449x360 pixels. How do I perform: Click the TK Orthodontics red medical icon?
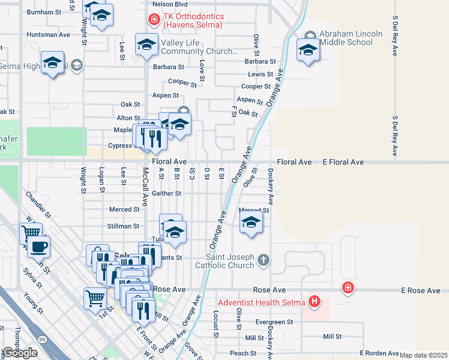[x=154, y=20]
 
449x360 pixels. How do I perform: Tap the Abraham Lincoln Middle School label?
[x=351, y=38]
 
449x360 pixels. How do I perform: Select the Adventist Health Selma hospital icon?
[x=313, y=301]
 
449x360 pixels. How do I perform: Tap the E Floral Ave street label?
[x=343, y=163]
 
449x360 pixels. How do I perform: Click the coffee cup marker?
[x=39, y=246]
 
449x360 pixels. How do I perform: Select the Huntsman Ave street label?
[x=49, y=35]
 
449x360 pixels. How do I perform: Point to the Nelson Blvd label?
[x=166, y=4]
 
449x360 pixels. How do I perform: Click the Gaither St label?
[x=167, y=193]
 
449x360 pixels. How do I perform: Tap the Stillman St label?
[x=124, y=226]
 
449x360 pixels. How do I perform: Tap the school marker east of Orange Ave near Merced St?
[x=252, y=223]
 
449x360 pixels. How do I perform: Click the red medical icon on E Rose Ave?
[x=348, y=289]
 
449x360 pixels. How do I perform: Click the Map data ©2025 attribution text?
[x=424, y=355]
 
